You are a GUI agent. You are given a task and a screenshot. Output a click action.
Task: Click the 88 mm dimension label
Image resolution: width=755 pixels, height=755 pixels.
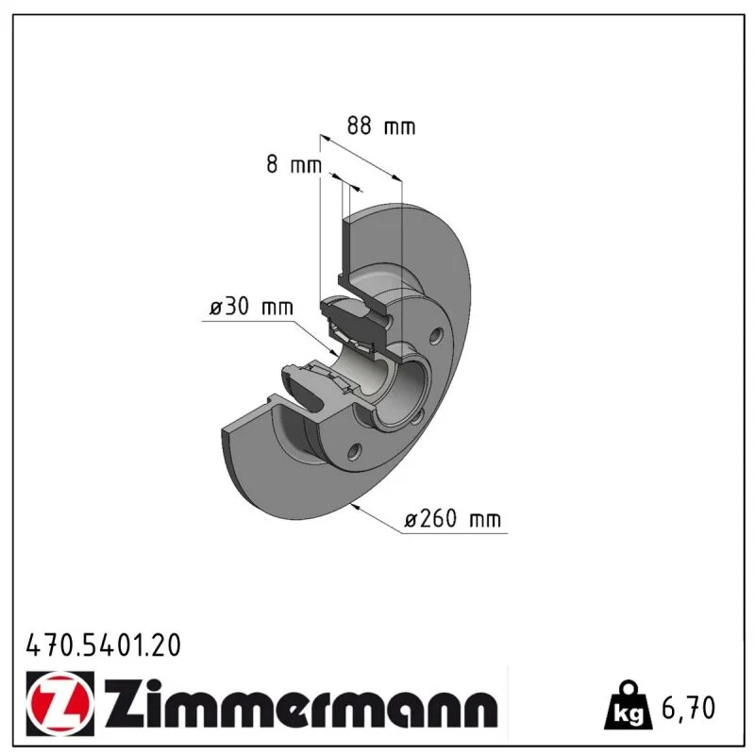tap(381, 126)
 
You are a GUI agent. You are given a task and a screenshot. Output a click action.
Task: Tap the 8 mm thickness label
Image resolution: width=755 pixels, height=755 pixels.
tap(294, 164)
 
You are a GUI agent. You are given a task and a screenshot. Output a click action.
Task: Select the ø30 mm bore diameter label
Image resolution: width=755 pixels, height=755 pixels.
tap(251, 307)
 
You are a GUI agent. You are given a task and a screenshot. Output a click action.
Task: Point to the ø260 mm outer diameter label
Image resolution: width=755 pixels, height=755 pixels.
tap(453, 519)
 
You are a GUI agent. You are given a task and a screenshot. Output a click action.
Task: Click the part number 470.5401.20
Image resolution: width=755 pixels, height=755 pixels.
tap(104, 646)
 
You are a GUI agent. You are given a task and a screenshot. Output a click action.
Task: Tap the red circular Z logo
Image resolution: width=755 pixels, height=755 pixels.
tap(59, 703)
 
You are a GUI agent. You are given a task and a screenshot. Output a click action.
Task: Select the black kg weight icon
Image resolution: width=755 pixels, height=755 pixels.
tap(629, 705)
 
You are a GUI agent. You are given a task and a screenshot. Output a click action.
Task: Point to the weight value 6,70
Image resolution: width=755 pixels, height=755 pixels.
tap(688, 708)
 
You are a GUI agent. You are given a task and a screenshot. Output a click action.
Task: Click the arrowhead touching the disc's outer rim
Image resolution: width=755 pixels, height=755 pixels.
tap(356, 507)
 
